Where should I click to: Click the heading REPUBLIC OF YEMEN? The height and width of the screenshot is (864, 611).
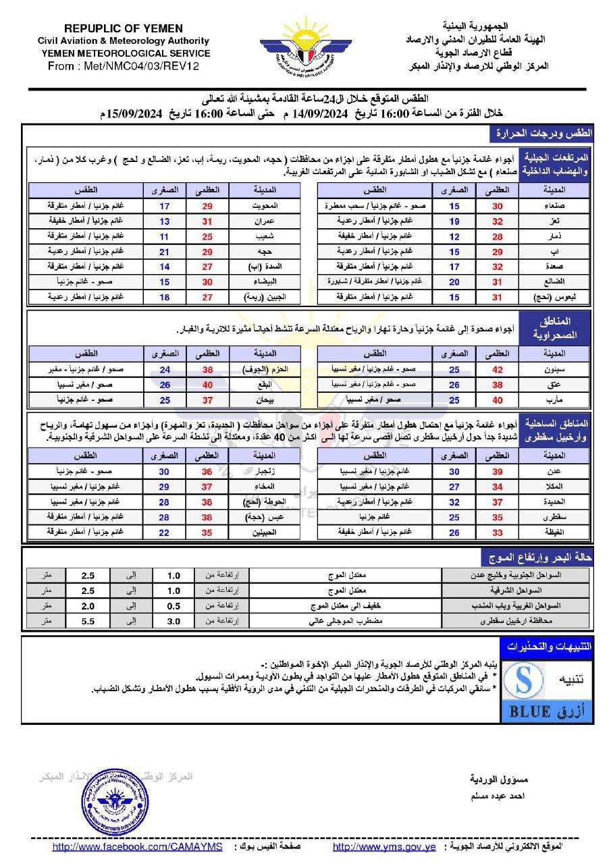click(124, 28)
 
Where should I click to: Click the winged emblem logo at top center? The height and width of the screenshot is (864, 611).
click(306, 49)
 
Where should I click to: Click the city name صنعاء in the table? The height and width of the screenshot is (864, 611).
click(546, 205)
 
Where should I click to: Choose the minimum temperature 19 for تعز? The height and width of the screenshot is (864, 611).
click(454, 221)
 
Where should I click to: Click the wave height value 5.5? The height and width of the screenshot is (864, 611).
click(88, 620)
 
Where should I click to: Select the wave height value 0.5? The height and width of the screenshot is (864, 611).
click(174, 605)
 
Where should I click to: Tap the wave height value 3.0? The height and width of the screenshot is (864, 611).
click(174, 620)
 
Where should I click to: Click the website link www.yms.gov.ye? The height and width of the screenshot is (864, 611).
click(384, 847)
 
